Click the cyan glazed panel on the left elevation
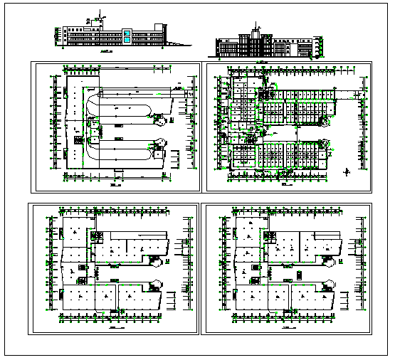coord(126,36)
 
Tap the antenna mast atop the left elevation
coord(102,14)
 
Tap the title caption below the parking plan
coord(115,184)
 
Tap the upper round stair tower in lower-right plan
coord(330,261)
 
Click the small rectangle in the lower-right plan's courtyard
coord(300,273)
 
